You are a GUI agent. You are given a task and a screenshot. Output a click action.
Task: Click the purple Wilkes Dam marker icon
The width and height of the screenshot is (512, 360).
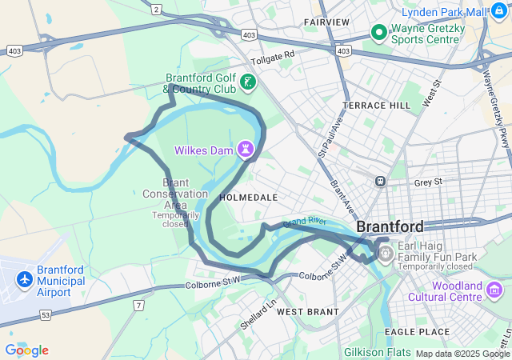(246, 150)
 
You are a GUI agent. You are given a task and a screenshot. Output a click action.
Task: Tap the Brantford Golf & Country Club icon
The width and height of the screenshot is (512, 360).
(248, 81)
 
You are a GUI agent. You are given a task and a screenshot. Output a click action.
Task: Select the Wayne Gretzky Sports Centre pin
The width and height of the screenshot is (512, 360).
(378, 32)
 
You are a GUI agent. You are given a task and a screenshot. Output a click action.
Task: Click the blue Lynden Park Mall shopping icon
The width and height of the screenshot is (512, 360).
(499, 12)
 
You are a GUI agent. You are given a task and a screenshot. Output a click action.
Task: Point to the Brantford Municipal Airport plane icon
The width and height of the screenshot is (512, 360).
(24, 281)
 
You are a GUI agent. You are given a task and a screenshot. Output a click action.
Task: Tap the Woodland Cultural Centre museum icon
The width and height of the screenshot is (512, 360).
(497, 289)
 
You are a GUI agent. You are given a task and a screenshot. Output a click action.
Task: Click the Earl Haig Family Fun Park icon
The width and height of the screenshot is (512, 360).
(385, 256)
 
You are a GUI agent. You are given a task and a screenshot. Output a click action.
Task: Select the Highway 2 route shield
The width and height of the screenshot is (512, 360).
(156, 9)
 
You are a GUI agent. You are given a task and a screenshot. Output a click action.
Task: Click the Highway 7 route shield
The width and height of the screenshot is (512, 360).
(139, 305)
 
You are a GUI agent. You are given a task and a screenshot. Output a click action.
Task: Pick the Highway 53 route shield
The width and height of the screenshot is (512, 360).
(46, 316)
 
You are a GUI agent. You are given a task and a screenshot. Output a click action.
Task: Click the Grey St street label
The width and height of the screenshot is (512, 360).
(429, 182)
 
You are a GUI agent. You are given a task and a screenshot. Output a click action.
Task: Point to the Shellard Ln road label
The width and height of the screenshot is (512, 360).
(258, 315)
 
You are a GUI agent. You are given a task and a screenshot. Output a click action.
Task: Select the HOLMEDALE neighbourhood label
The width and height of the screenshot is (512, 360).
(248, 197)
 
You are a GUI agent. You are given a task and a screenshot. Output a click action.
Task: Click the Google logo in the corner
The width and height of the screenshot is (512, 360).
(26, 350)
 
